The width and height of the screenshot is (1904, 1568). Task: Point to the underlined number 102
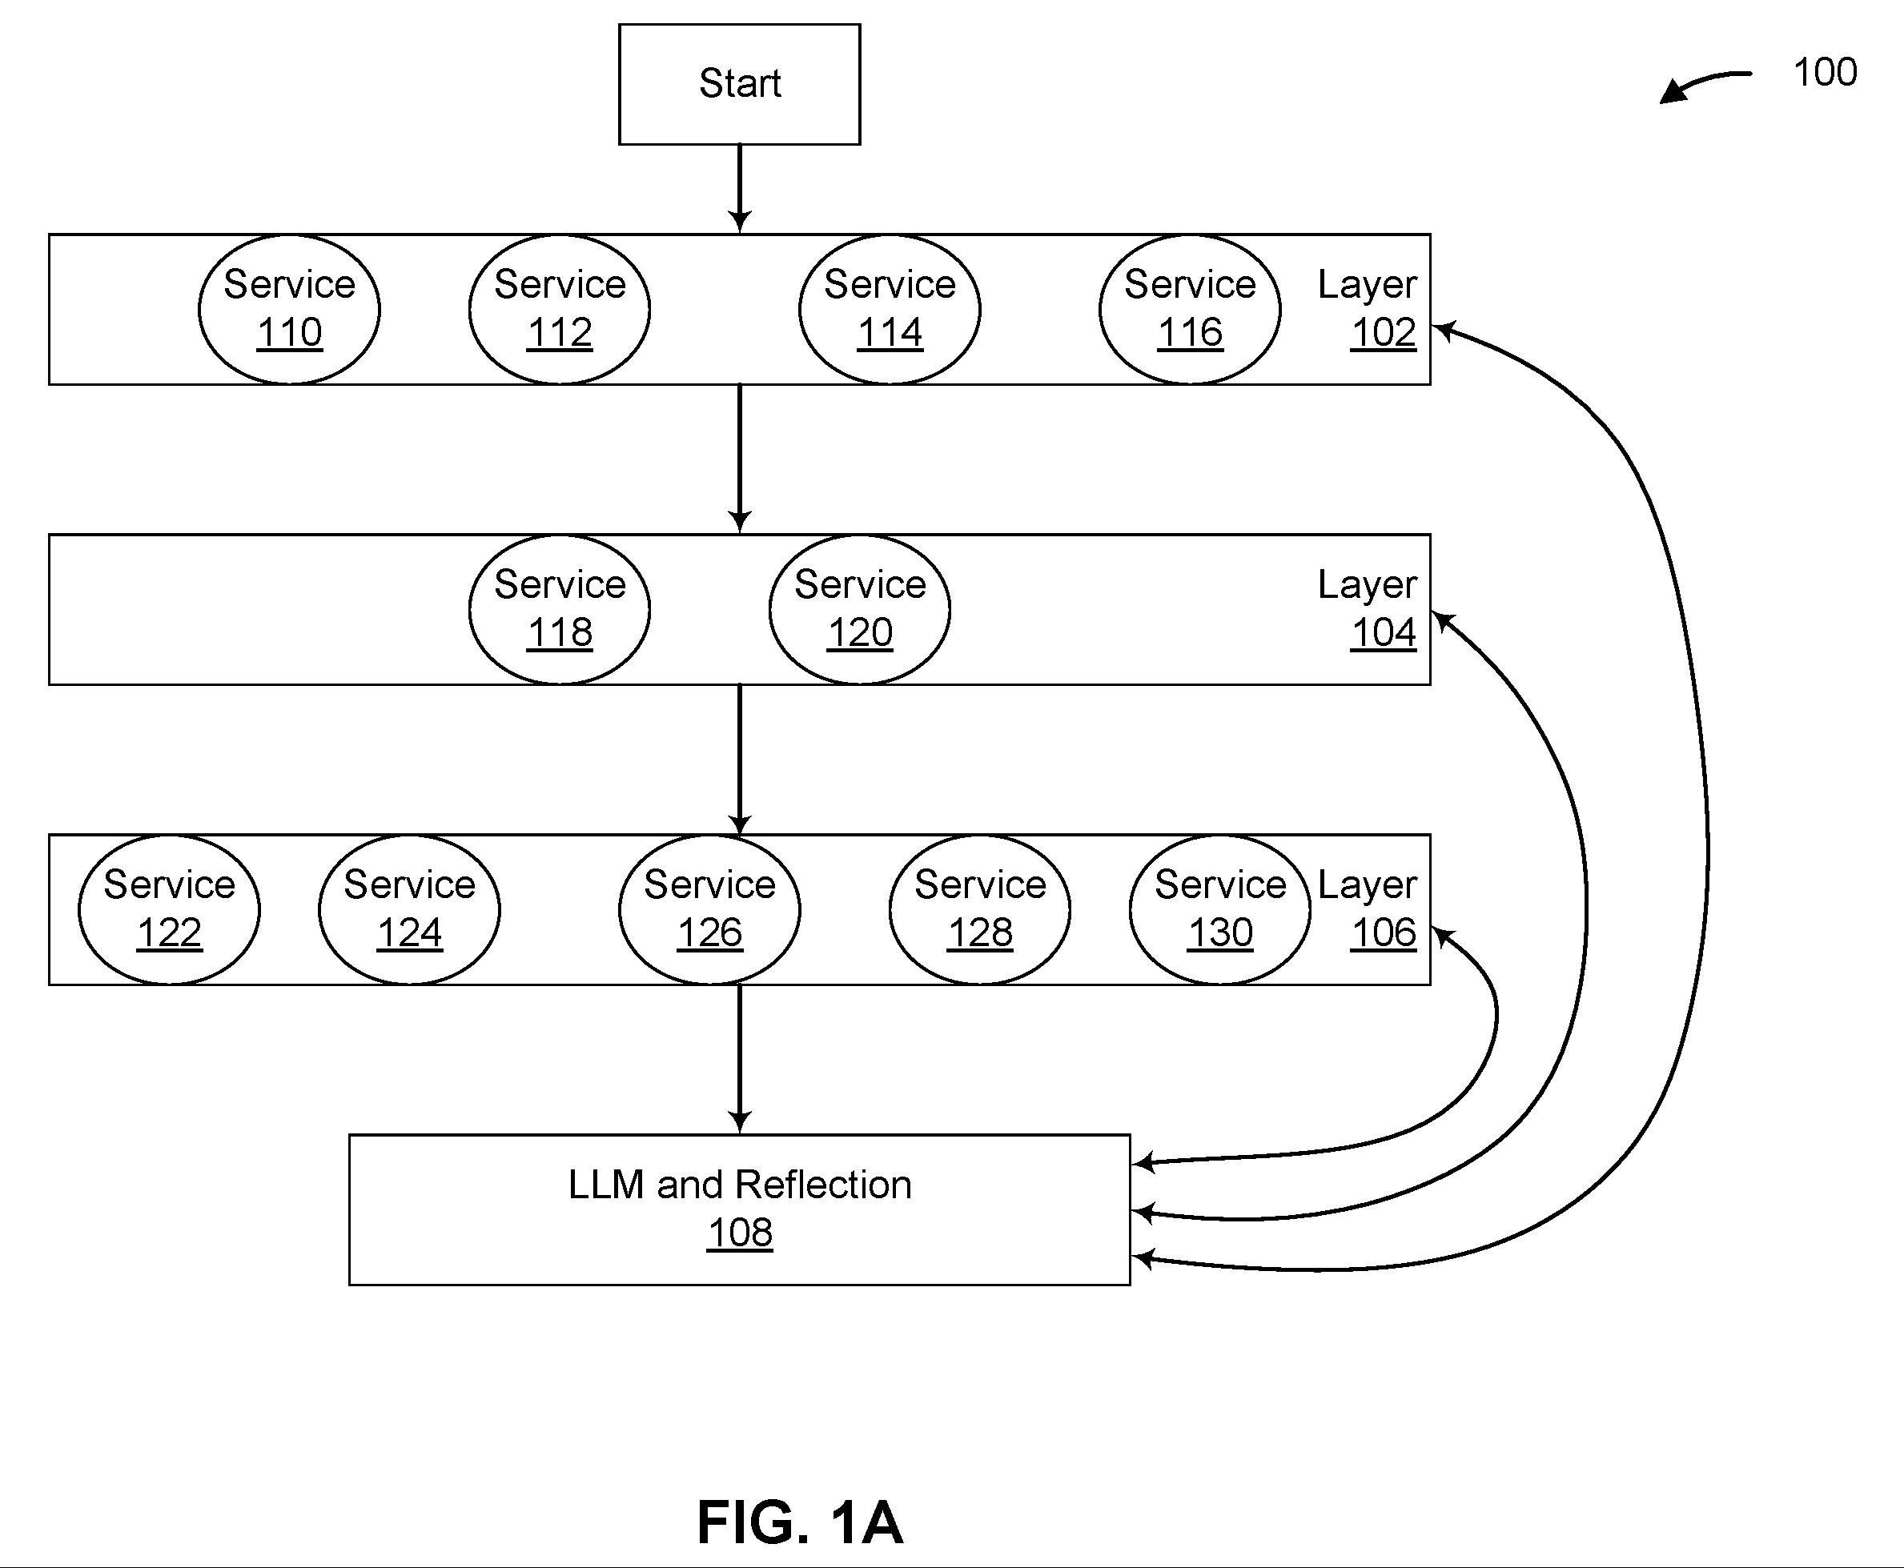(1384, 333)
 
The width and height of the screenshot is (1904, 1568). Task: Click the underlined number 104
(1384, 633)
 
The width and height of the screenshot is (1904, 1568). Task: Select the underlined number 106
(1384, 933)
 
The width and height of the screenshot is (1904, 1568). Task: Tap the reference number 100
(1825, 72)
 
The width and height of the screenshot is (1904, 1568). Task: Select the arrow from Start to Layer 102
(739, 189)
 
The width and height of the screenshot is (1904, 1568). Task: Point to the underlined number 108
(740, 1233)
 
